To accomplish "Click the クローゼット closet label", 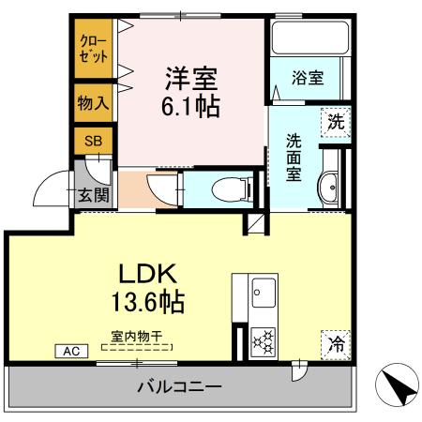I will click(x=94, y=49).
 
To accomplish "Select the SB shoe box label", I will click(x=93, y=142).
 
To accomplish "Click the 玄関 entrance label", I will click(x=93, y=195).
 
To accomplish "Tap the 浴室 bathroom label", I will click(x=307, y=79).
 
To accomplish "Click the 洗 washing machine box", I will click(x=335, y=121).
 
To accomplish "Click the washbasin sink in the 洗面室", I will click(x=330, y=189).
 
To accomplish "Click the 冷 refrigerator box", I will click(x=335, y=343).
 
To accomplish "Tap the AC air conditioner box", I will click(x=71, y=351).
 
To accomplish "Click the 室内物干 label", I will click(x=137, y=335).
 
